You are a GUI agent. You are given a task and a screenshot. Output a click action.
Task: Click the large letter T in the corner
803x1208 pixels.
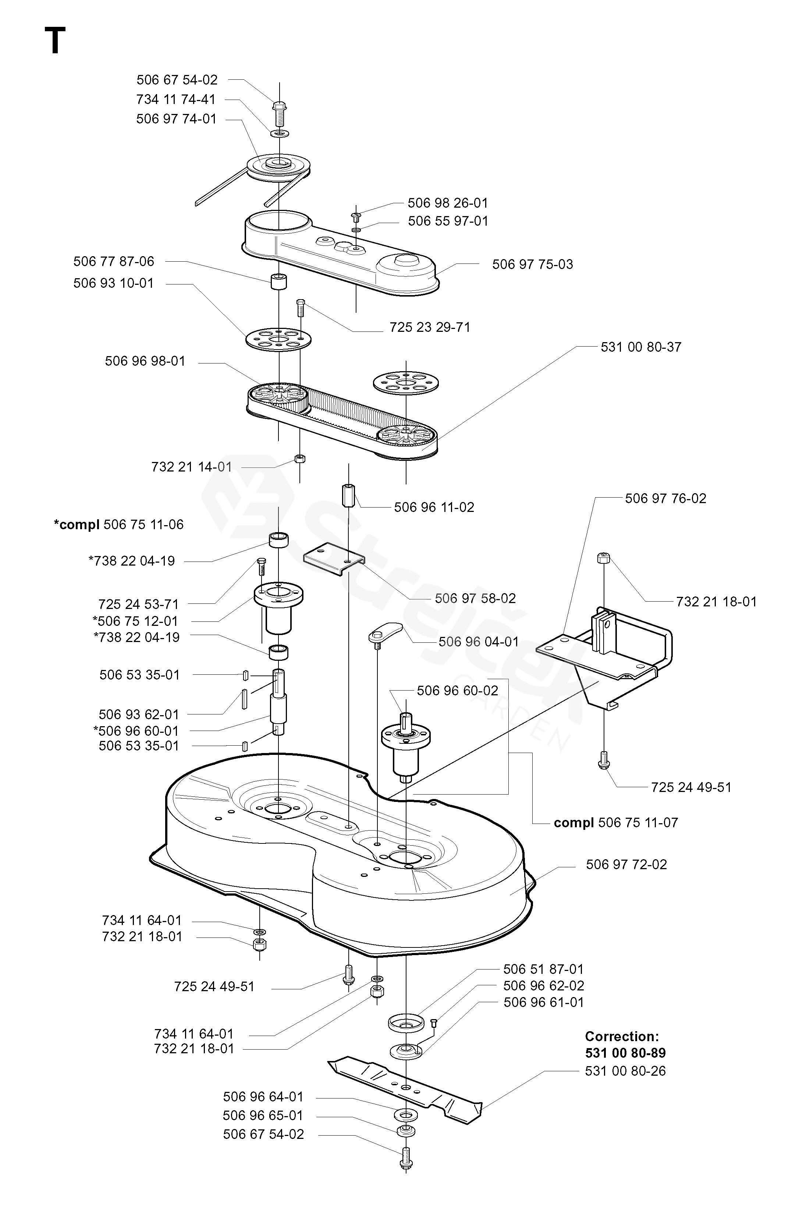[55, 40]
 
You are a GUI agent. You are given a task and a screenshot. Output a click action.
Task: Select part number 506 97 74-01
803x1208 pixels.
[176, 119]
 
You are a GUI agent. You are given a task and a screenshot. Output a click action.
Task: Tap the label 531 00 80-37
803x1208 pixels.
[641, 347]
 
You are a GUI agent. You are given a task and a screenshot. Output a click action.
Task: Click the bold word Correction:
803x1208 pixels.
[622, 1037]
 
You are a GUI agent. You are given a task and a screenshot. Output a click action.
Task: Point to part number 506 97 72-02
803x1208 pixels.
[626, 865]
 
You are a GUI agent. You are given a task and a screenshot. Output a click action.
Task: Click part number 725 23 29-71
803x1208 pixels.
[430, 327]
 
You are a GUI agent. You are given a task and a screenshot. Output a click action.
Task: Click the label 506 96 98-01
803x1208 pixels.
[145, 361]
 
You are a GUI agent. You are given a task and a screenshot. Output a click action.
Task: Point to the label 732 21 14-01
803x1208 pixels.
[192, 467]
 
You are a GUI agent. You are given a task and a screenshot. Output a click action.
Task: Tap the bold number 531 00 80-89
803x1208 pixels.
[625, 1053]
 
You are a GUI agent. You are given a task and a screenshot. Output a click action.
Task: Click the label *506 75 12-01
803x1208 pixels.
[135, 621]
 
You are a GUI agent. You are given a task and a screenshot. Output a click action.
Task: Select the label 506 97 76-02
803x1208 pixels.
[665, 498]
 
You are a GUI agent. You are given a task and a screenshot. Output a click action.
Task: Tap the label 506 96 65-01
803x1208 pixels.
[263, 1115]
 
